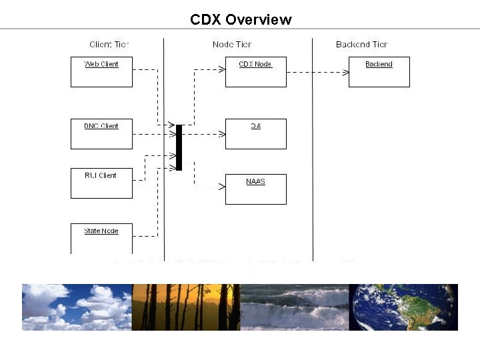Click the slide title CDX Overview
coord(241,19)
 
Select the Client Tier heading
coord(109,45)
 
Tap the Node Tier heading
coord(232,45)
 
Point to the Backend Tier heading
coord(361,45)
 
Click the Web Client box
coord(101,72)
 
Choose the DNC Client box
coord(101,133)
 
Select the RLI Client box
coord(101,183)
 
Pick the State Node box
coord(101,238)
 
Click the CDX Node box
coord(255,72)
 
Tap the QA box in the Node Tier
coord(255,133)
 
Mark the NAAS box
coord(255,189)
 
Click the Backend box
coord(379,72)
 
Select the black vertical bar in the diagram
coord(179,147)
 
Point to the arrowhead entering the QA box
coord(222,134)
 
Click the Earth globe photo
coord(403,307)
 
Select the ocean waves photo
coord(294,307)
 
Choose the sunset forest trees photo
coord(185,307)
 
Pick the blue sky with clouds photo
coord(77,307)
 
